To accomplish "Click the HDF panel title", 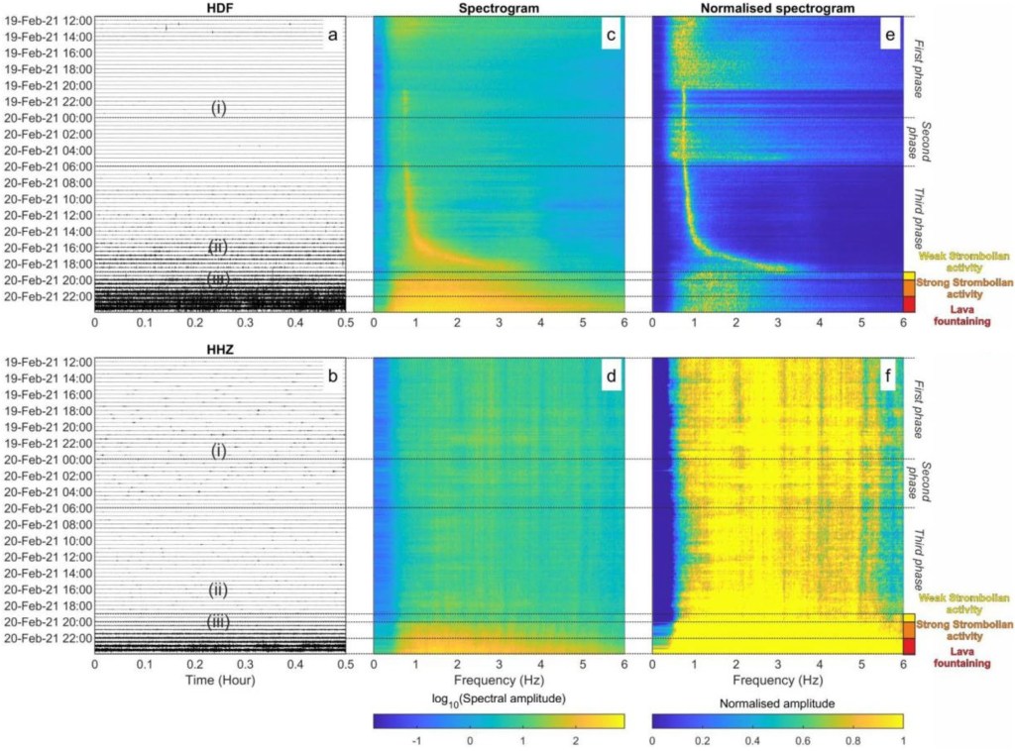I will pos(220,7).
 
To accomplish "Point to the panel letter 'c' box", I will pos(612,36).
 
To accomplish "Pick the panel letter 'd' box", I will pos(612,377).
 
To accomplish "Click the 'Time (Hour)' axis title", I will pos(220,683).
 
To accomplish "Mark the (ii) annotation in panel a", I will pos(219,246).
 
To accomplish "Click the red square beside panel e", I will pos(909,304).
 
